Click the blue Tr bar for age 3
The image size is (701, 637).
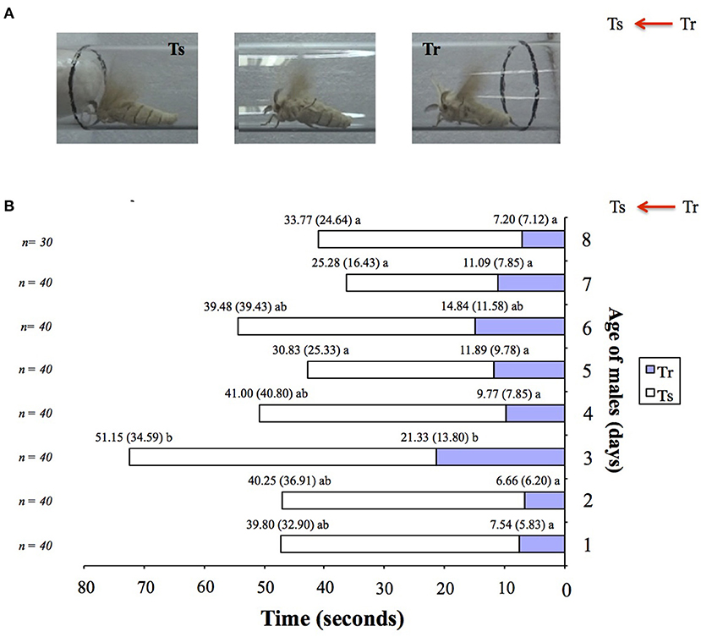(x=501, y=457)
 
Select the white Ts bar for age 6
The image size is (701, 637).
(x=356, y=326)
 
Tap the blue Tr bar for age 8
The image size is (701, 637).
(x=543, y=239)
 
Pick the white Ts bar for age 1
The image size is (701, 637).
(x=400, y=544)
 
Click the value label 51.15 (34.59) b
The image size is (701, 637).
(x=134, y=437)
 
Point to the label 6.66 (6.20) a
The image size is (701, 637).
(x=528, y=480)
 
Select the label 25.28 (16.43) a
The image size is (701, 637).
(x=350, y=262)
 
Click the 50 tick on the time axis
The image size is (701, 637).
(x=265, y=587)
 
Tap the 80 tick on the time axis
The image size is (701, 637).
(x=85, y=587)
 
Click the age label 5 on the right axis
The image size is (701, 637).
(x=587, y=371)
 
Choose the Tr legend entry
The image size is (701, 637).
(x=660, y=371)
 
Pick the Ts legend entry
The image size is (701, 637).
(x=660, y=394)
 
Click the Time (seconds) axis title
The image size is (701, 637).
(x=332, y=618)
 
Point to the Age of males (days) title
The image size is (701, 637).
(x=615, y=389)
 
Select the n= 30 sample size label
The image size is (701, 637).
(x=37, y=242)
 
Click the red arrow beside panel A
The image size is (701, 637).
(x=653, y=24)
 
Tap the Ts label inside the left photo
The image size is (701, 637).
(x=177, y=49)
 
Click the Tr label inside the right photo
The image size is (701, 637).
(x=431, y=49)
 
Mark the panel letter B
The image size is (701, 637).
(x=9, y=206)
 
